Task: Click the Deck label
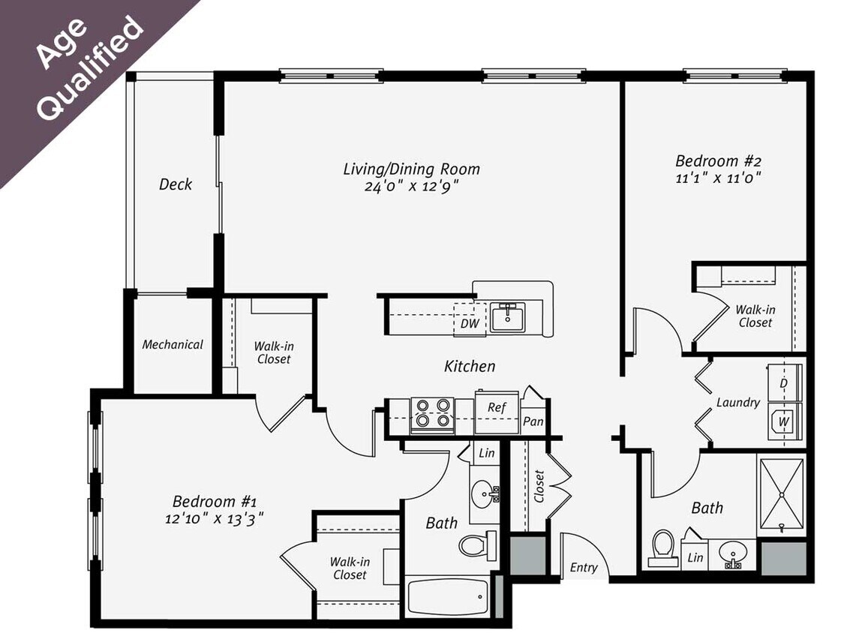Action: pos(175,184)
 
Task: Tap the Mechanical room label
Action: pos(173,345)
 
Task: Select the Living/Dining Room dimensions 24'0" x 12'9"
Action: pos(410,187)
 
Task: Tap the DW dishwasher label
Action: pos(470,324)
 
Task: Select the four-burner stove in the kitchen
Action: pos(433,415)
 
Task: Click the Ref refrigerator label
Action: pos(497,407)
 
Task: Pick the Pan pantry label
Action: pos(533,421)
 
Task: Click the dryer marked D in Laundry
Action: pos(784,383)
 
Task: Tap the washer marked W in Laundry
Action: pos(784,421)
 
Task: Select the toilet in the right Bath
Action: pos(662,547)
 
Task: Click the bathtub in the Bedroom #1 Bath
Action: pos(447,597)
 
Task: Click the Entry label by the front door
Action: pos(583,568)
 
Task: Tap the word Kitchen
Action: pos(470,366)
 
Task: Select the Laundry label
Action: pos(737,403)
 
